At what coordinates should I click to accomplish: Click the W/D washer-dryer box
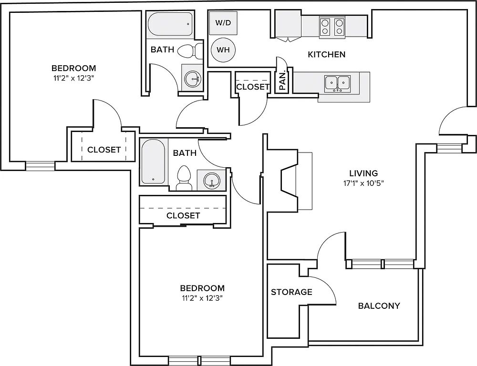pyautogui.click(x=223, y=22)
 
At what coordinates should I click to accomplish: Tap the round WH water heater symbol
pyautogui.click(x=223, y=50)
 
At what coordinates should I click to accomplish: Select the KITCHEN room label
pyautogui.click(x=327, y=54)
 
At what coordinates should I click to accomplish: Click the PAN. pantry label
pyautogui.click(x=282, y=81)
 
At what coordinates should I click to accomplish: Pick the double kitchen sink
pyautogui.click(x=337, y=83)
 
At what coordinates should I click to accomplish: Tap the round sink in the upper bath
pyautogui.click(x=192, y=79)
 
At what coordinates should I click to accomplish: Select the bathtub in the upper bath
pyautogui.click(x=170, y=24)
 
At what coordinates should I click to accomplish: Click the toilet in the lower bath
pyautogui.click(x=184, y=178)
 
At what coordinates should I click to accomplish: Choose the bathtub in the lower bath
pyautogui.click(x=153, y=162)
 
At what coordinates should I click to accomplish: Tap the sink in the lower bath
pyautogui.click(x=211, y=180)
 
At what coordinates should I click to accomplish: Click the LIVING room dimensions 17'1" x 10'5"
pyautogui.click(x=363, y=183)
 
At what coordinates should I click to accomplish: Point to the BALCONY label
pyautogui.click(x=379, y=305)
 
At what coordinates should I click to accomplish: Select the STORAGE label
pyautogui.click(x=291, y=292)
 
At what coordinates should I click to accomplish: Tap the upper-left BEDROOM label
pyautogui.click(x=73, y=68)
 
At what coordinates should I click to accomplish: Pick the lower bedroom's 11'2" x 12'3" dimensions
pyautogui.click(x=202, y=298)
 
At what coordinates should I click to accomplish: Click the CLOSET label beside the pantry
pyautogui.click(x=253, y=87)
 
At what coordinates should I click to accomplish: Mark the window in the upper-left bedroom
pyautogui.click(x=40, y=166)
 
